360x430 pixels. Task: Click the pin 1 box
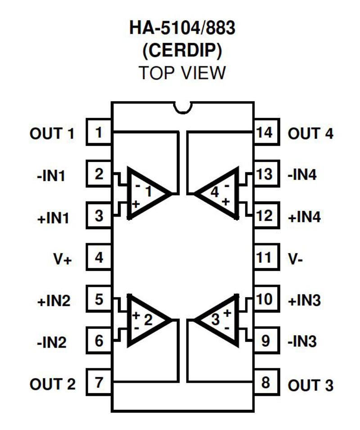(99, 132)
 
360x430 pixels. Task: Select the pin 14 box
(265, 132)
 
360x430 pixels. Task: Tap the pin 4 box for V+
(99, 258)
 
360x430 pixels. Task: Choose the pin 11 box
(265, 258)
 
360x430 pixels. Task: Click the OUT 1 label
(52, 133)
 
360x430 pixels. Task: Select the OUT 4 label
(311, 133)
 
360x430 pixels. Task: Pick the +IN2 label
(54, 301)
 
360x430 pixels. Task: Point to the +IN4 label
(305, 217)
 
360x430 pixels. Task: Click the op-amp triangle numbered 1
(146, 193)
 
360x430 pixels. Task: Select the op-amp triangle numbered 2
(146, 320)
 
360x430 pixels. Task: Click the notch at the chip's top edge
(183, 106)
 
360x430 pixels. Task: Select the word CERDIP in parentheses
(182, 51)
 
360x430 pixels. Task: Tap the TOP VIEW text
(182, 72)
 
